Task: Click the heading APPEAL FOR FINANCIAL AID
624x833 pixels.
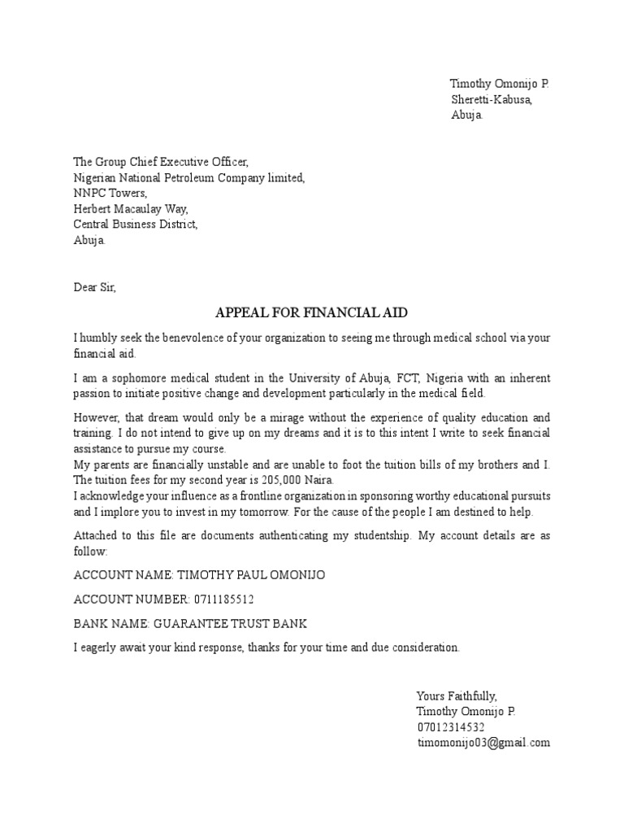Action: (311, 313)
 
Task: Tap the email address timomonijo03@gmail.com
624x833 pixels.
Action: (483, 743)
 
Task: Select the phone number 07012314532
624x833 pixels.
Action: (451, 726)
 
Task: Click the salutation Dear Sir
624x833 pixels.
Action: (95, 286)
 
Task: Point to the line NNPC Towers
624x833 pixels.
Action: (110, 193)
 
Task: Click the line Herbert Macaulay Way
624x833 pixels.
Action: (131, 208)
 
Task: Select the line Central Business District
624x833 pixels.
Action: (136, 224)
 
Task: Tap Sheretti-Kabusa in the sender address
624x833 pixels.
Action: (492, 100)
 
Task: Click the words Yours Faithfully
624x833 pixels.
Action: (456, 696)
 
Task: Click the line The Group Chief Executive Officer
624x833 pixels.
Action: (161, 162)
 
